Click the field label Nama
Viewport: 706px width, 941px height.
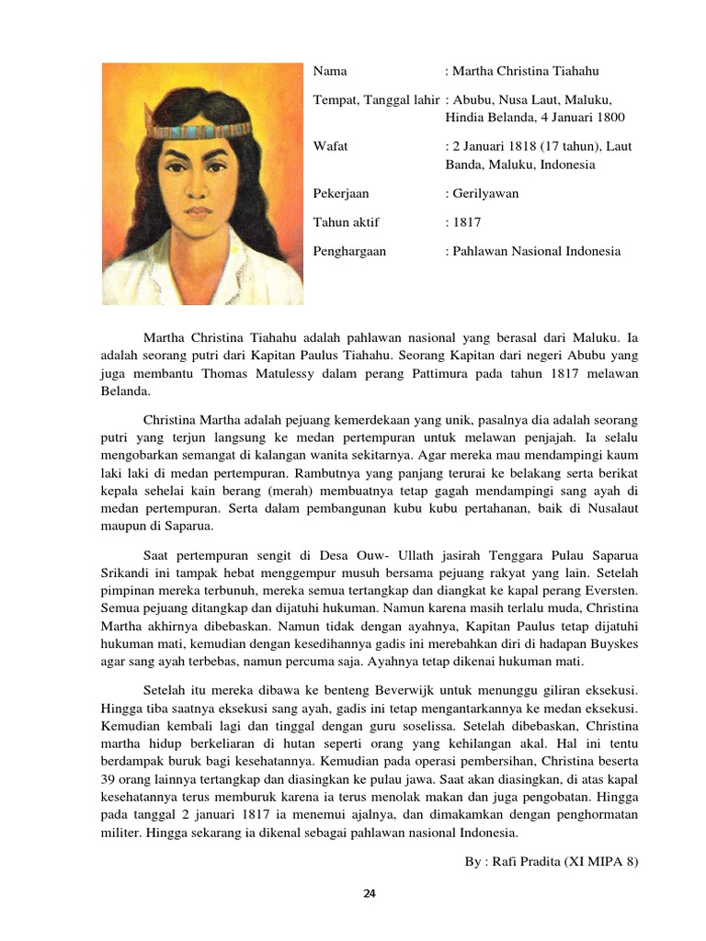click(x=331, y=71)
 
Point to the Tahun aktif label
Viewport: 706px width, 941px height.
click(x=347, y=222)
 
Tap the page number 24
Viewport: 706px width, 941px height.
click(x=370, y=893)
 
